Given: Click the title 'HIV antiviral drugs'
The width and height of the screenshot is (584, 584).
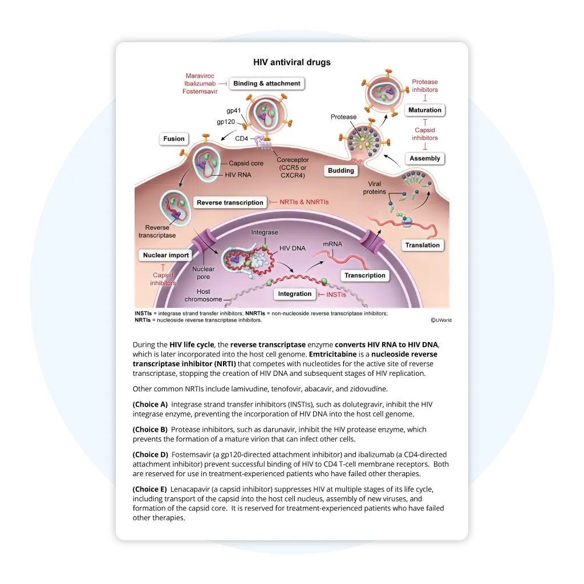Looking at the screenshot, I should point(291,62).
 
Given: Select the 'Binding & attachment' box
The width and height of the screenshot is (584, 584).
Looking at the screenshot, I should point(266,83).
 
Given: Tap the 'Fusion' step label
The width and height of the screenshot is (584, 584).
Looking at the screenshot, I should point(174,139).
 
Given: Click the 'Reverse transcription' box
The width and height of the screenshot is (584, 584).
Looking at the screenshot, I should point(230,202).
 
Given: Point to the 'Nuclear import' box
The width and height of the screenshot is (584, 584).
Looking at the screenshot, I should point(165,255).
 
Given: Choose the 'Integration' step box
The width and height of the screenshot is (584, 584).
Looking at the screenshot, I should point(295,294).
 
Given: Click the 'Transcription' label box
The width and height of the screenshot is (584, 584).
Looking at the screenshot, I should point(365,275).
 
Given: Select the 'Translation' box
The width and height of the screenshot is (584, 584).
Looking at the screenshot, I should point(423,245).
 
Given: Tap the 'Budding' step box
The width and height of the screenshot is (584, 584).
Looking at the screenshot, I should point(341,171).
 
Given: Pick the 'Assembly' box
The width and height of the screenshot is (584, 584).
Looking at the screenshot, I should point(425,159).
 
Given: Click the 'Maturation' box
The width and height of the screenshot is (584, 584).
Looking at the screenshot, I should point(425,110).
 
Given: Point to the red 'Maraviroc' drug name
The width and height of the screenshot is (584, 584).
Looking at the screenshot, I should point(200,76).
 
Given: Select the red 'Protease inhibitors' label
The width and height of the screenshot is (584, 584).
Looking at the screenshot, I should point(425,86).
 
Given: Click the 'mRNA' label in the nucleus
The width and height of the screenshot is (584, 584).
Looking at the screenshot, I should point(332,244).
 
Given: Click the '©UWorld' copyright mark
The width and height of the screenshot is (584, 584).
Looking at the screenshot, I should point(441,321).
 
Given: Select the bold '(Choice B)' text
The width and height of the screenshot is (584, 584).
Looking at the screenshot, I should point(150,429).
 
